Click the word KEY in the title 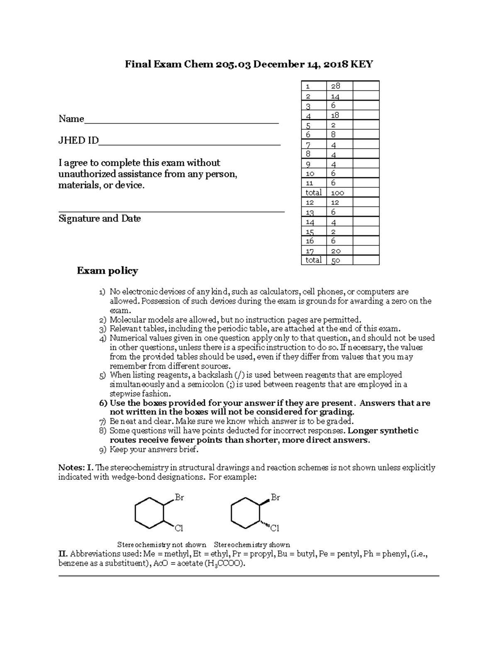coord(362,64)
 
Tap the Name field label coord(71,119)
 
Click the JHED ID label coord(78,140)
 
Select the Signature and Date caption coord(100,218)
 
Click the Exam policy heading coord(107,271)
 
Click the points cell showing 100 coord(337,193)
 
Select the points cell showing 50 coord(336,260)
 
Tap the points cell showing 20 coord(336,251)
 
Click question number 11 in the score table coord(310,183)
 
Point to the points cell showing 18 coord(335,115)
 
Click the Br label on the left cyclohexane coord(179,497)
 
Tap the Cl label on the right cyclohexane coord(275,528)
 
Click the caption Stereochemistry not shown coord(161,544)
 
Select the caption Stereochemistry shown coord(251,544)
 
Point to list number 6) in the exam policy coord(103,403)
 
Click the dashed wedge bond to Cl coord(265,524)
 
